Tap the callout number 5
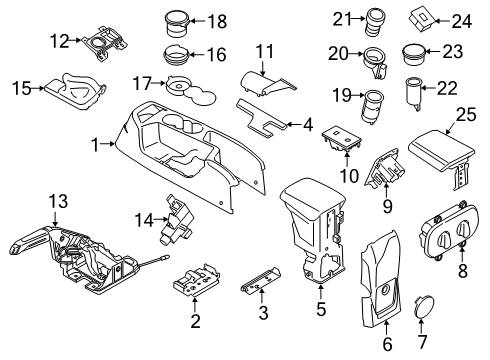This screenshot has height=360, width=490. click(x=321, y=319)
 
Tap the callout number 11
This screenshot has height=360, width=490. click(x=264, y=51)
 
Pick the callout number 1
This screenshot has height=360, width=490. click(x=96, y=145)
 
